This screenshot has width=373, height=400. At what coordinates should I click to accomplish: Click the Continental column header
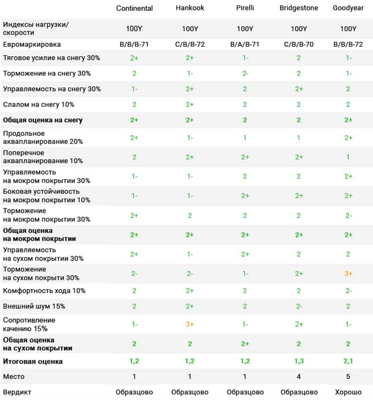[x=134, y=8]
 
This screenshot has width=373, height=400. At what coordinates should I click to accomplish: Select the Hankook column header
[x=190, y=8]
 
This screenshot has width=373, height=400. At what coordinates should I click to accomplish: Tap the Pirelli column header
[x=245, y=8]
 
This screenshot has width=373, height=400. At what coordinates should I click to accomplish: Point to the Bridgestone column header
[x=299, y=8]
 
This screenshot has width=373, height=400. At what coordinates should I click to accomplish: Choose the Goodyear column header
[x=348, y=8]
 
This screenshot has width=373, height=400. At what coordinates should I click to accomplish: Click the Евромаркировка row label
[x=32, y=45]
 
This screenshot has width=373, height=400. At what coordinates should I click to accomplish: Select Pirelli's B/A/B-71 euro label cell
[x=245, y=44]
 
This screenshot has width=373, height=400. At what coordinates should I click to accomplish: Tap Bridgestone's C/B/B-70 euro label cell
[x=299, y=44]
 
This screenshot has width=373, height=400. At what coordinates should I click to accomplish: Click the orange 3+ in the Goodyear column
[x=348, y=274]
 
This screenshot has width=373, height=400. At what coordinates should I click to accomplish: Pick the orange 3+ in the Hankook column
[x=189, y=324]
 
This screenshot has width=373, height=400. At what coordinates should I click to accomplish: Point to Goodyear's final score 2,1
[x=348, y=361]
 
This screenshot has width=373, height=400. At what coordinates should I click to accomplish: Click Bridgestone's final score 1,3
[x=299, y=361]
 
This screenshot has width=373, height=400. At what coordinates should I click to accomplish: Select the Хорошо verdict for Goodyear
[x=348, y=392]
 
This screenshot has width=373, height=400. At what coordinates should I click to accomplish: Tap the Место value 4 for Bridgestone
[x=299, y=377]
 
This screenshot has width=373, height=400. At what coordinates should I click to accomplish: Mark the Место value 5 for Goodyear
[x=348, y=377]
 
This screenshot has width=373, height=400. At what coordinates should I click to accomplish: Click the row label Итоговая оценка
[x=33, y=362]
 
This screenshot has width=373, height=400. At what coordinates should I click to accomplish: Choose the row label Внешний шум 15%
[x=34, y=306]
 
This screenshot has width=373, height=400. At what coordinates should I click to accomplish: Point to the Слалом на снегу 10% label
[x=38, y=104]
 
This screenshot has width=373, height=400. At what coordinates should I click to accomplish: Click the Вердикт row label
[x=17, y=393]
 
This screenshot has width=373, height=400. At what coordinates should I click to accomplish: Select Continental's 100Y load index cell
[x=134, y=28]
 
